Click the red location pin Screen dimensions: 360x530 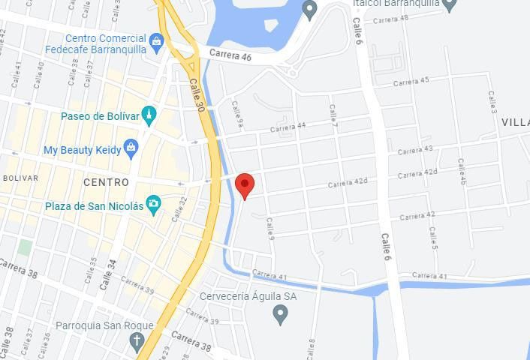click(x=245, y=184)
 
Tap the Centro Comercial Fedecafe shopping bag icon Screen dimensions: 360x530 click(x=156, y=40)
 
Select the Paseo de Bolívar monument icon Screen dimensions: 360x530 click(x=149, y=116)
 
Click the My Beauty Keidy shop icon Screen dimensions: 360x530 click(x=131, y=149)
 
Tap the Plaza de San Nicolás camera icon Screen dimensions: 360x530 click(x=154, y=204)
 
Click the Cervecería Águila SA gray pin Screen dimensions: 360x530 click(x=281, y=313)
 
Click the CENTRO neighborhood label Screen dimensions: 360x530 click(x=106, y=182)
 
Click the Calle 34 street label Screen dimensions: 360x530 click(x=109, y=274)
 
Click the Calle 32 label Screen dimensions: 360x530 click(x=179, y=209)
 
